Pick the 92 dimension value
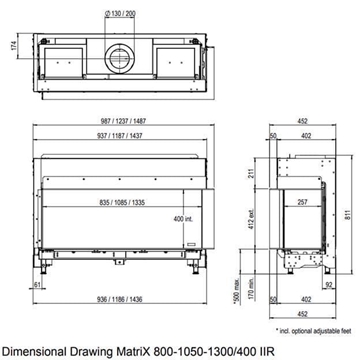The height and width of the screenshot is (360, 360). click(x=329, y=285)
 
